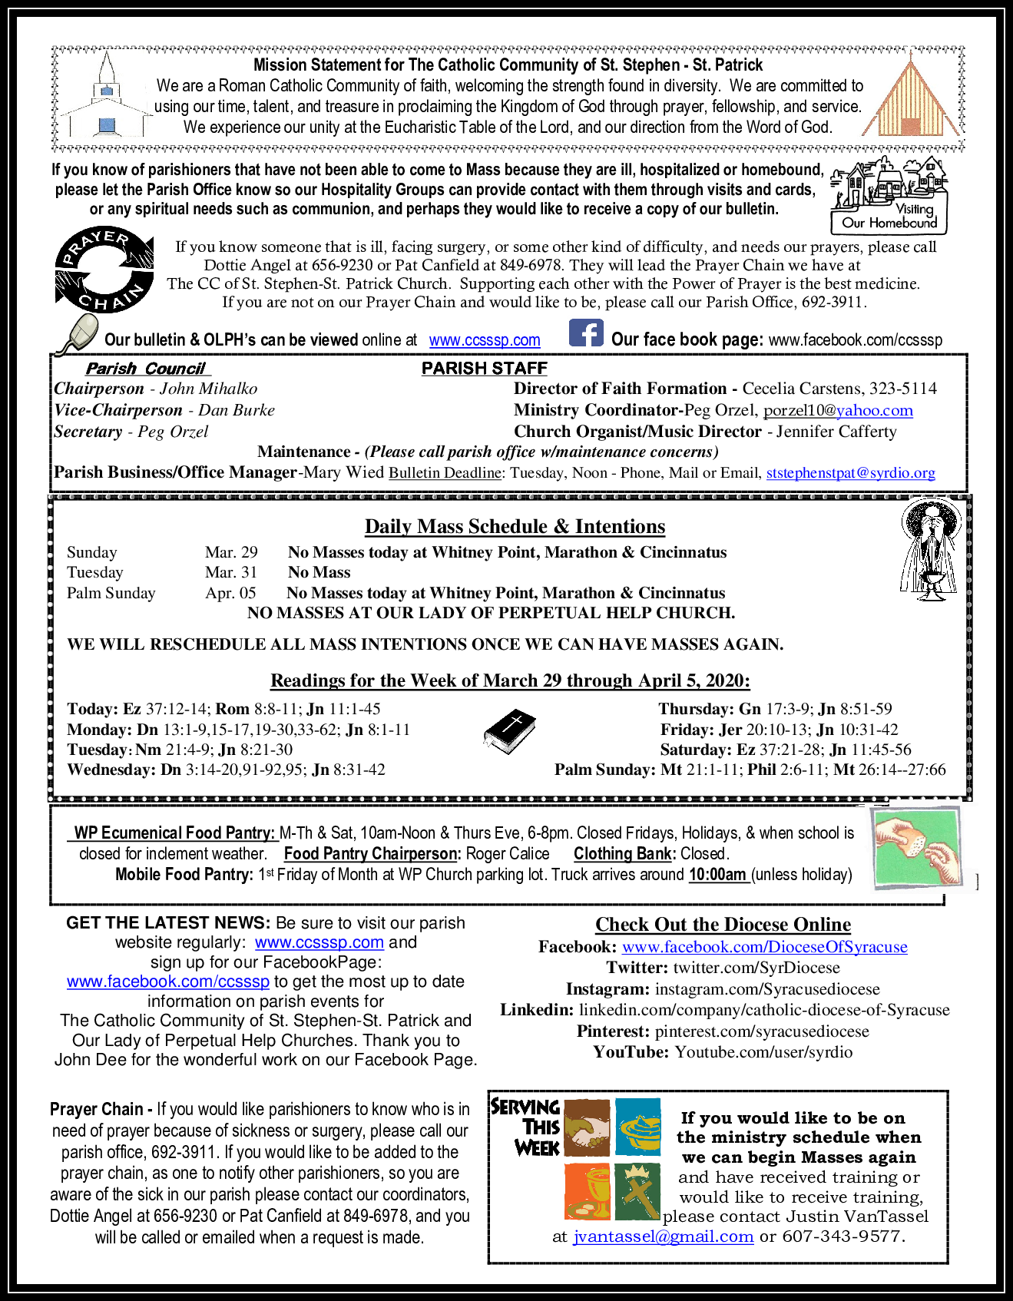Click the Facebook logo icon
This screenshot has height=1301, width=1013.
(586, 333)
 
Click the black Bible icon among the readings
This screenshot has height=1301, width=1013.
(509, 732)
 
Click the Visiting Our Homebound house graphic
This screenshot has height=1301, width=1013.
(889, 195)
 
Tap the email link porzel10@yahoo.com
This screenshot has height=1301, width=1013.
(838, 410)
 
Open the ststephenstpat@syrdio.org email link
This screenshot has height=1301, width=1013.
(850, 473)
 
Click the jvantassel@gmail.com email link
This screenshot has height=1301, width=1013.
(663, 1236)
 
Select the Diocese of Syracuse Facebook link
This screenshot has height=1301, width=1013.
(764, 947)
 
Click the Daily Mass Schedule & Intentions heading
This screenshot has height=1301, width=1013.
(515, 527)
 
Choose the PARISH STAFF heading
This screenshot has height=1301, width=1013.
(484, 369)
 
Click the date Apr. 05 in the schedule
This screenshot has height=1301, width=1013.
(230, 593)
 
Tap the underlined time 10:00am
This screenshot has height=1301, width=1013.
(718, 875)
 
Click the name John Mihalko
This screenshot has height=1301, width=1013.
(208, 389)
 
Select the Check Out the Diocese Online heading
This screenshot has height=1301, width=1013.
(723, 925)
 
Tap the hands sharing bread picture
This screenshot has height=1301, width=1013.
(917, 849)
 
